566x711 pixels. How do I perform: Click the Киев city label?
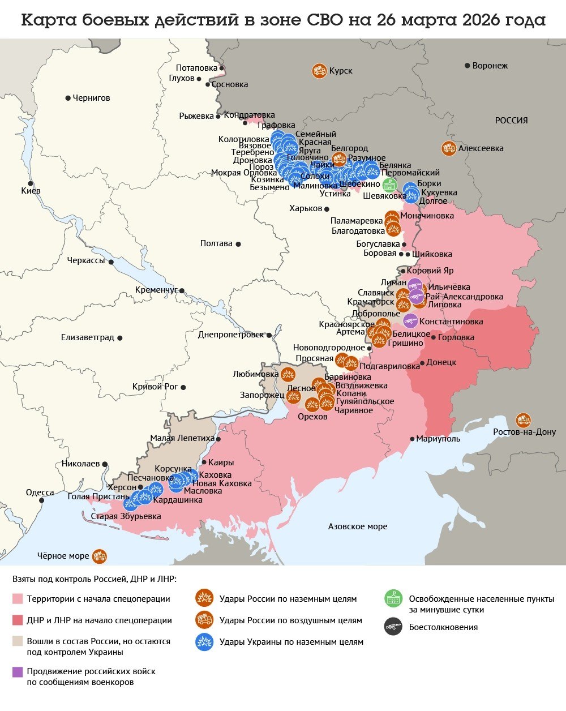(x=31, y=191)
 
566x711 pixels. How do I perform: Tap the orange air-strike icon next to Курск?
(x=319, y=71)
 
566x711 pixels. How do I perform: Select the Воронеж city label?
(x=490, y=66)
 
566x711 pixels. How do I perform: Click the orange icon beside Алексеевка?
(x=449, y=148)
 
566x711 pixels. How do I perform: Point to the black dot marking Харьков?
(x=327, y=209)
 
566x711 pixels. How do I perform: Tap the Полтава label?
(x=216, y=243)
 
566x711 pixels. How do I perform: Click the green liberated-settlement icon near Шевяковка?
(x=389, y=185)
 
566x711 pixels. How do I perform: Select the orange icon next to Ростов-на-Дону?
(x=524, y=420)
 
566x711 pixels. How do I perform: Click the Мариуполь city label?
(x=438, y=439)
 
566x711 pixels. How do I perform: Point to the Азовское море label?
(x=358, y=526)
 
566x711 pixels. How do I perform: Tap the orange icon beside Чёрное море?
(x=100, y=556)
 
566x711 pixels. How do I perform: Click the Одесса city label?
(x=40, y=492)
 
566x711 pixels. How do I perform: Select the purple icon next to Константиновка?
(x=410, y=321)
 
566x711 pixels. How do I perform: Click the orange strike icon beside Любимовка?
(x=288, y=374)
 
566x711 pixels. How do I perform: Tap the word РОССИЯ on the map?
(x=511, y=121)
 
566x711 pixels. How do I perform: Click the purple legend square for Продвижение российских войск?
(x=18, y=672)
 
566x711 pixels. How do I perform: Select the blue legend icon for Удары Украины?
(x=204, y=642)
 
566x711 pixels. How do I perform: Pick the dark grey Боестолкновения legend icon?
(x=393, y=627)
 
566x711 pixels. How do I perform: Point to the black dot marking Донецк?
(x=422, y=363)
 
